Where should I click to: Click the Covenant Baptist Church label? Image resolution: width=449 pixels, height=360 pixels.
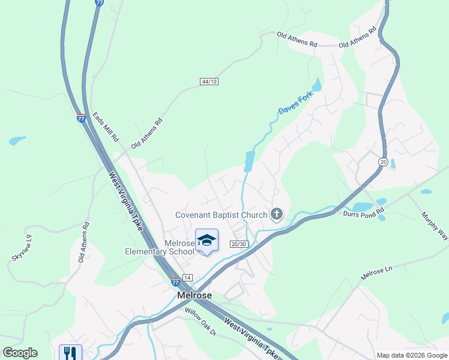coord(221,215)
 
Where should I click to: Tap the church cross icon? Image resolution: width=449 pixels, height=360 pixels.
coord(277,214)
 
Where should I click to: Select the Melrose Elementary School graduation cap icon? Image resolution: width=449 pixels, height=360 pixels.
coord(206,240)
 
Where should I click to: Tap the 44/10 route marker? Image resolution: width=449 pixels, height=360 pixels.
coord(209,81)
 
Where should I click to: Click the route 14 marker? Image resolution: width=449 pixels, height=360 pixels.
coord(188,278)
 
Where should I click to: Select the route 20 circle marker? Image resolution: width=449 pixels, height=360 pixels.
coord(383,162)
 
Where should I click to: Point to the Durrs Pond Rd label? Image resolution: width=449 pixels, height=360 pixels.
coord(363,213)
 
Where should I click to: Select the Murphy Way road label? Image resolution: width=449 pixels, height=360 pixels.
coord(434,226)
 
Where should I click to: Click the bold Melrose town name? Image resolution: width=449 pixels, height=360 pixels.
coord(193,296)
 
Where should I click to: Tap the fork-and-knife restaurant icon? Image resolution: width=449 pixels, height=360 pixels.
coord(70,353)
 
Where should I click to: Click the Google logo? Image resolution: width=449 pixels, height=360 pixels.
coord(20,353)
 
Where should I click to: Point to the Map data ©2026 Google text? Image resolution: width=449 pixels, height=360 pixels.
coord(411,355)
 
